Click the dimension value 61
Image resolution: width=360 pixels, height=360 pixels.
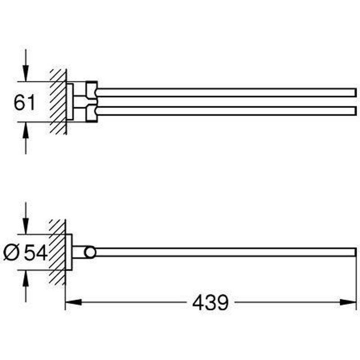pyautogui.click(x=25, y=103)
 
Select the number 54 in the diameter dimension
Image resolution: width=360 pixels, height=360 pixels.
pyautogui.click(x=36, y=252)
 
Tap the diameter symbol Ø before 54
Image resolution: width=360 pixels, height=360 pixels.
pyautogui.click(x=12, y=253)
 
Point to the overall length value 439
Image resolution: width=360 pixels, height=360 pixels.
pyautogui.click(x=210, y=303)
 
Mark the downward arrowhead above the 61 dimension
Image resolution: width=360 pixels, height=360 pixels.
pyautogui.click(x=26, y=74)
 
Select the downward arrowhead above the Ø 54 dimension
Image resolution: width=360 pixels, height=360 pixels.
pyautogui.click(x=26, y=227)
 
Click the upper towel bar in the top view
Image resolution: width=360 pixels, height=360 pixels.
pyautogui.click(x=225, y=93)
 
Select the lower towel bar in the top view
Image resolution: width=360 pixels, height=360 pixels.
pyautogui.click(x=225, y=111)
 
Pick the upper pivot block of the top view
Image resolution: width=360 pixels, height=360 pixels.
pyautogui.click(x=91, y=90)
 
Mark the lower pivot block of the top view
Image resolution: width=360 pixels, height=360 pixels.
pyautogui.click(x=91, y=113)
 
